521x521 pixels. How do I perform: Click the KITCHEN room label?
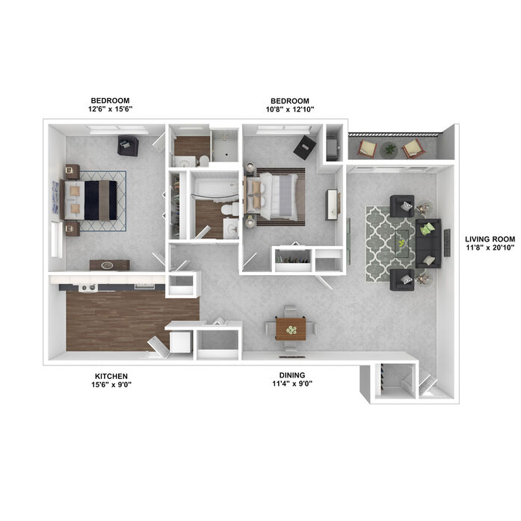111,376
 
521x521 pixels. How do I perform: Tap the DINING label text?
292,375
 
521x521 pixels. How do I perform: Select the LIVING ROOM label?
490,239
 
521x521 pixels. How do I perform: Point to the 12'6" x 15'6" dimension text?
111,109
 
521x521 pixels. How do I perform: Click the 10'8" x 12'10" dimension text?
290,109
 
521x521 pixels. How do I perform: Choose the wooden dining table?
291,329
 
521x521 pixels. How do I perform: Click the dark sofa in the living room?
428,243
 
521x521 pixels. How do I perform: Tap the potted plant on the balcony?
389,149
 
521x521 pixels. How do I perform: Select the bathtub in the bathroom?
215,188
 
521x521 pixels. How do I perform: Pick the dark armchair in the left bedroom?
128,146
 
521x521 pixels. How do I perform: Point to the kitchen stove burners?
88,288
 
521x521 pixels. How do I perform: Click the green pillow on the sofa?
428,229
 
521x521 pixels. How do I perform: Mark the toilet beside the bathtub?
229,209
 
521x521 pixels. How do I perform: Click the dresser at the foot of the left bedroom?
109,265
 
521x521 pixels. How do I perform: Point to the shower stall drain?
226,155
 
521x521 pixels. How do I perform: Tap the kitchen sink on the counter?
144,286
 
